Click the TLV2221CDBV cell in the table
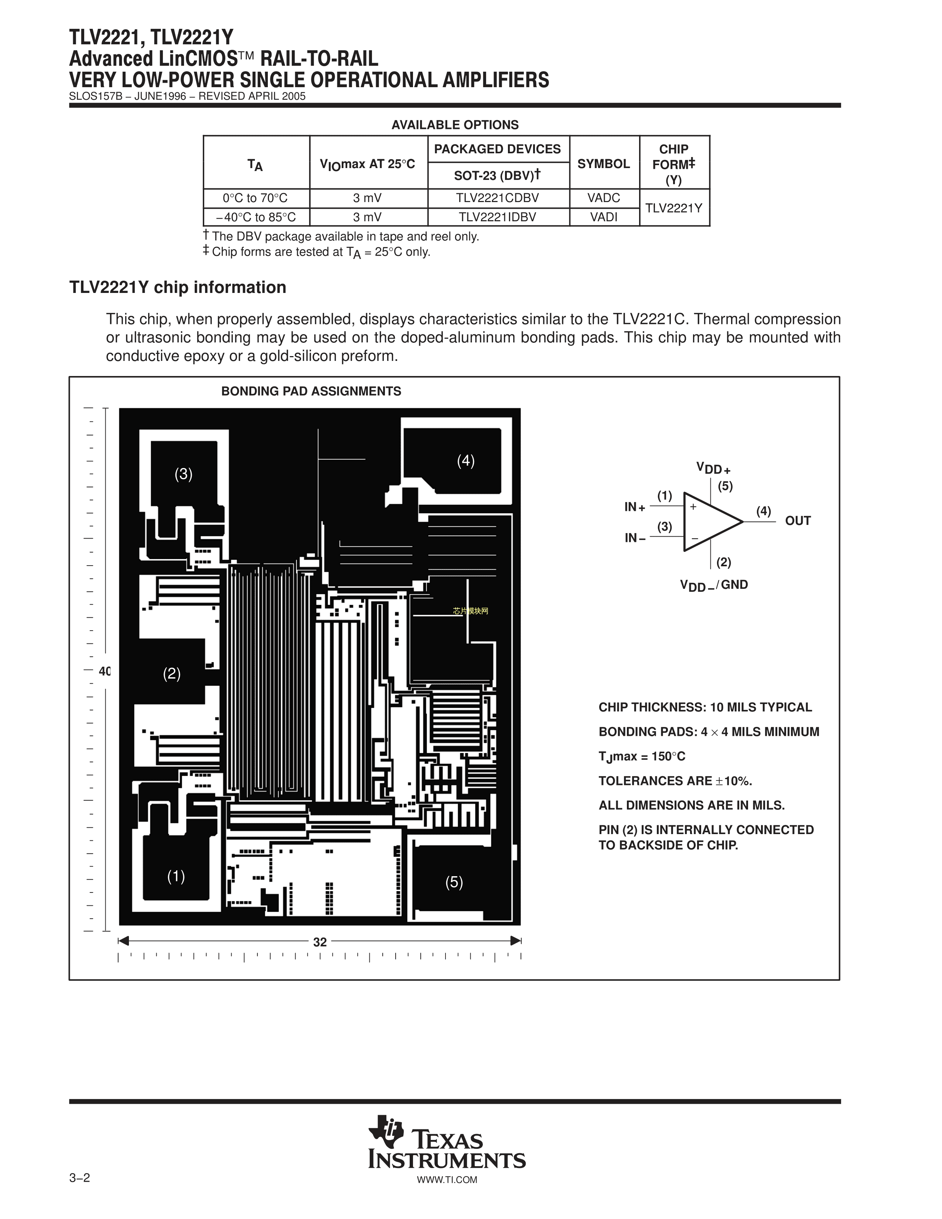[498, 198]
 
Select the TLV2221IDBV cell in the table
[498, 217]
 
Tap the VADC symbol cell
[604, 198]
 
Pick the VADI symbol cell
[604, 217]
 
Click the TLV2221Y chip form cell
[673, 208]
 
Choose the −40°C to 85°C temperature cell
[256, 217]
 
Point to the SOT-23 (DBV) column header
[498, 176]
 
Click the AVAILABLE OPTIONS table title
[455, 125]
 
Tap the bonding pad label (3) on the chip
[183, 474]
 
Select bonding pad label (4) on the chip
[465, 461]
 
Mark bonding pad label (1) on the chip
[176, 876]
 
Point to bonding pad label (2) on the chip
[171, 674]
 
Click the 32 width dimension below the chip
[320, 942]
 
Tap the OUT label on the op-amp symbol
[798, 521]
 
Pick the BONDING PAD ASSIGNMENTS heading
[311, 391]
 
